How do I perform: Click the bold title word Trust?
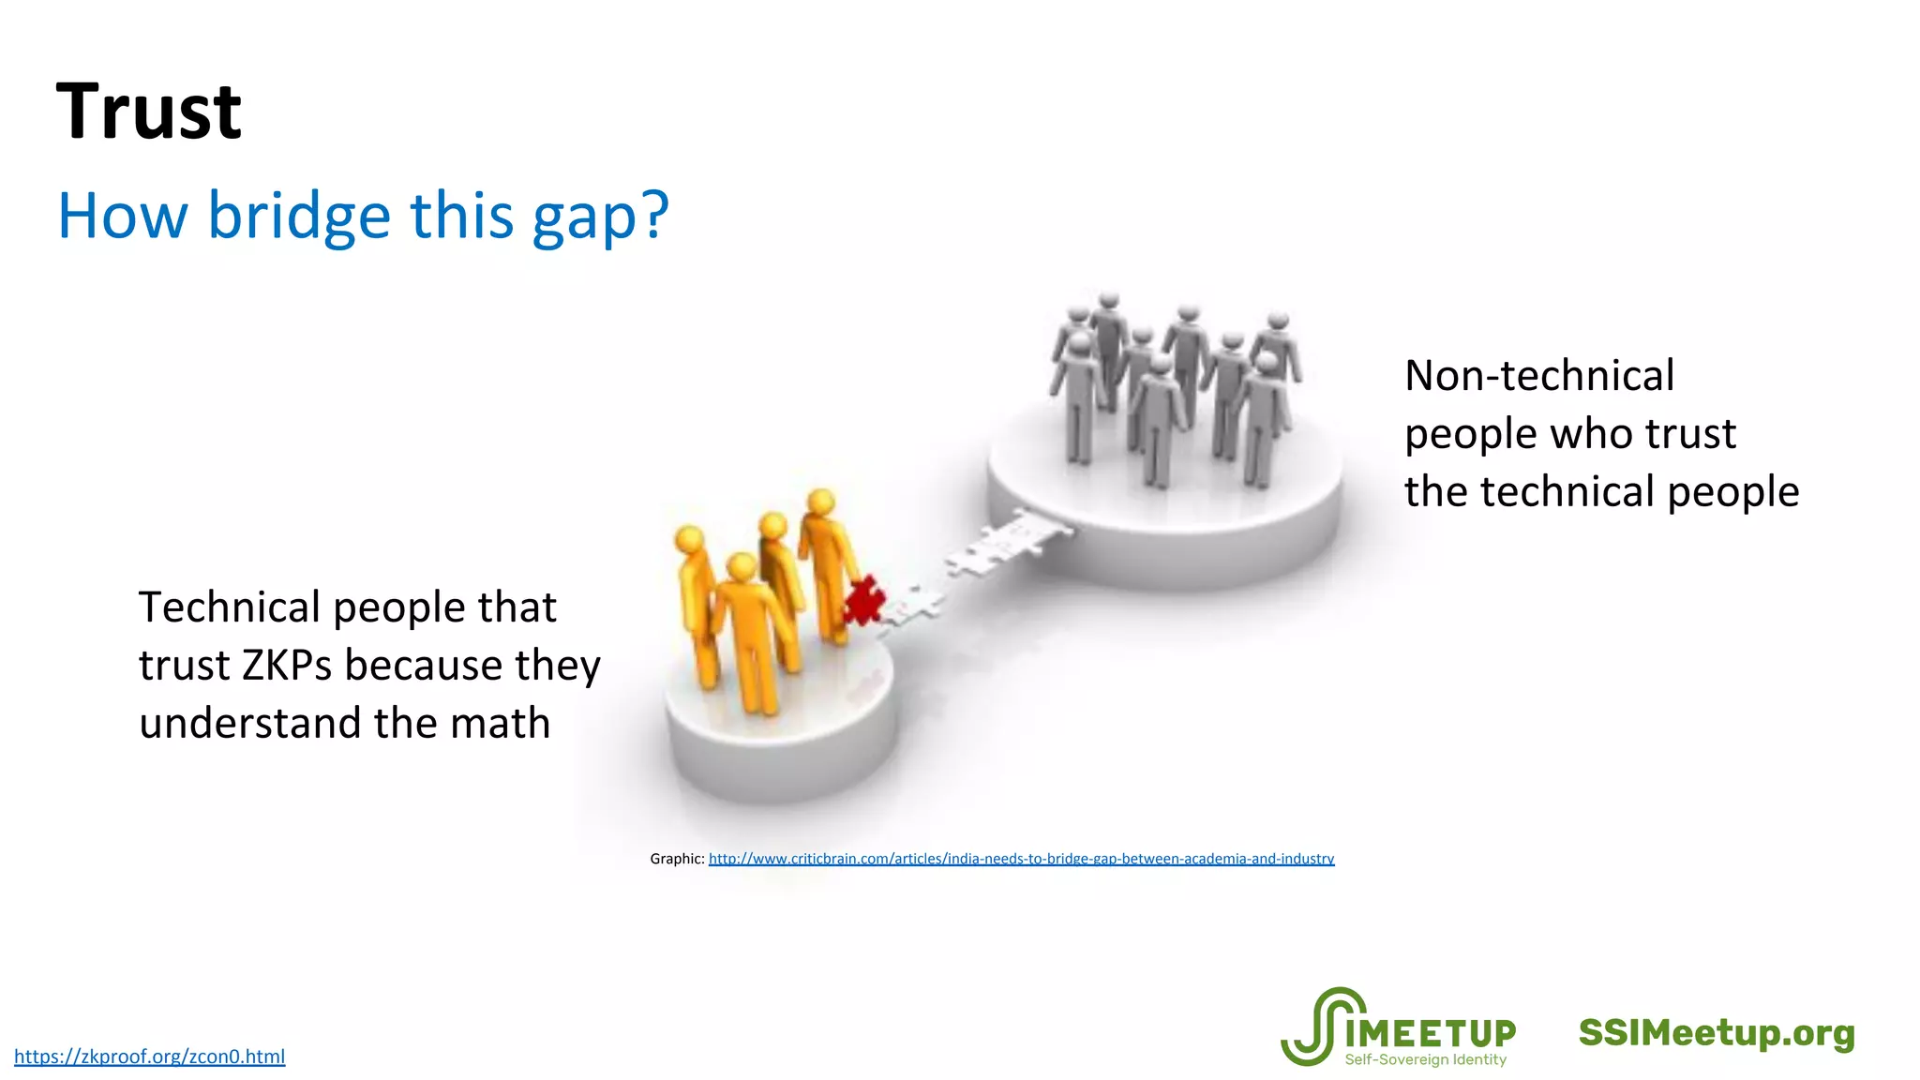[x=149, y=112]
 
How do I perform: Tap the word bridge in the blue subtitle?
[x=299, y=216]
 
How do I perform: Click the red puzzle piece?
[x=862, y=601]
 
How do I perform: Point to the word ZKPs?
[x=287, y=666]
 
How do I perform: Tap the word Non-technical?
[x=1539, y=376]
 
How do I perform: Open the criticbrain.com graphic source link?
[x=1021, y=859]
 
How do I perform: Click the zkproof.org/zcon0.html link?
[x=150, y=1057]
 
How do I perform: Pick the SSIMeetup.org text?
[x=1717, y=1033]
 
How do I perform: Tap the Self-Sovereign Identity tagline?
[x=1425, y=1060]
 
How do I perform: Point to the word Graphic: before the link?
[x=677, y=859]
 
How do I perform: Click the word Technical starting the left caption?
[x=230, y=607]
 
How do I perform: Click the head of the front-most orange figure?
[x=742, y=567]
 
